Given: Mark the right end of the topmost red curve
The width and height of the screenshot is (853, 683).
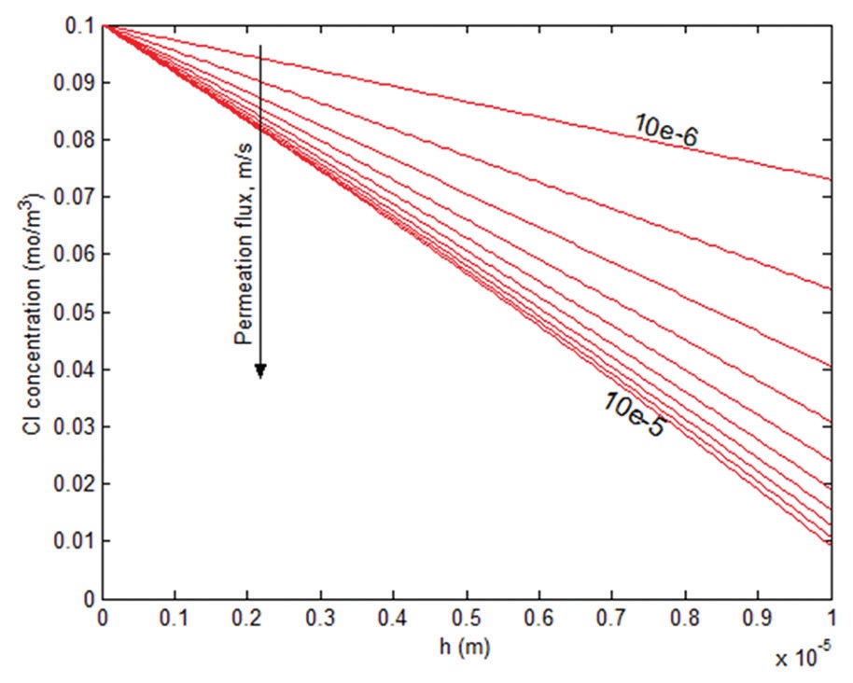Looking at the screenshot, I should point(830,179).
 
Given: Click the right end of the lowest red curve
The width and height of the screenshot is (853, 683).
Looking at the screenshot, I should point(830,544).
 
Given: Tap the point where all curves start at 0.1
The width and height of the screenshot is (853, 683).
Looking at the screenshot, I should point(104,26).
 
